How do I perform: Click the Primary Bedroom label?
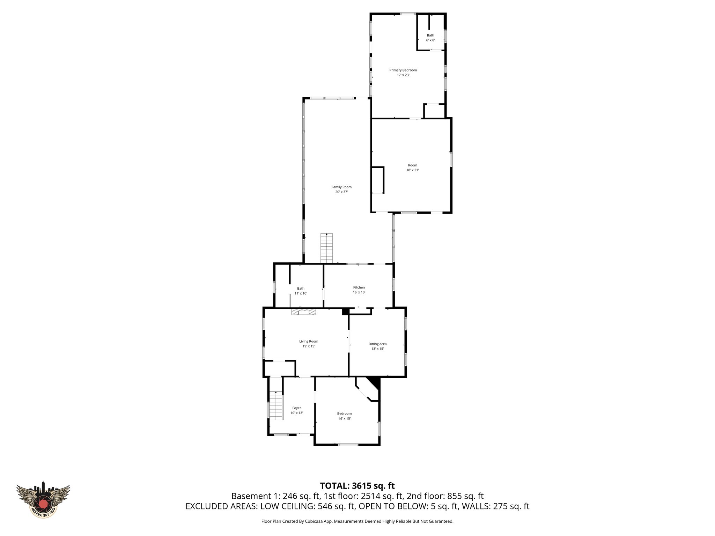[x=403, y=70]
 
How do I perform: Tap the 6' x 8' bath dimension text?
[x=430, y=40]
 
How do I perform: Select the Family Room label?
[x=341, y=187]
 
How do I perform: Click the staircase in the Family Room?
[x=326, y=248]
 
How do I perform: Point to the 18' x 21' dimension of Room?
[x=412, y=170]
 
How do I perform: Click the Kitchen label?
[x=359, y=288]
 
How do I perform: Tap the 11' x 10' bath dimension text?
[x=301, y=293]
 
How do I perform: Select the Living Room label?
[x=309, y=341]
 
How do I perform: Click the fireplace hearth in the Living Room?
[x=304, y=312]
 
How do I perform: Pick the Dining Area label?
[x=377, y=344]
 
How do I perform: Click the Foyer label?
[x=296, y=408]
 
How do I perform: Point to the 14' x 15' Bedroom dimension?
[x=344, y=418]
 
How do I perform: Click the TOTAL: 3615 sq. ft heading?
[x=357, y=486]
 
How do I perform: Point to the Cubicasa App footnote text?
[x=357, y=521]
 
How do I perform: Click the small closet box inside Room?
[x=377, y=180]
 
